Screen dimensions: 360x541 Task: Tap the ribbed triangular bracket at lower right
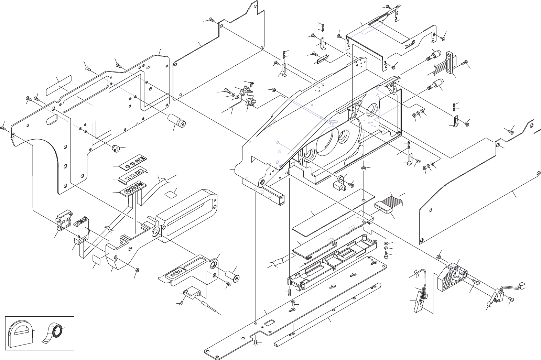(452, 276)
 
